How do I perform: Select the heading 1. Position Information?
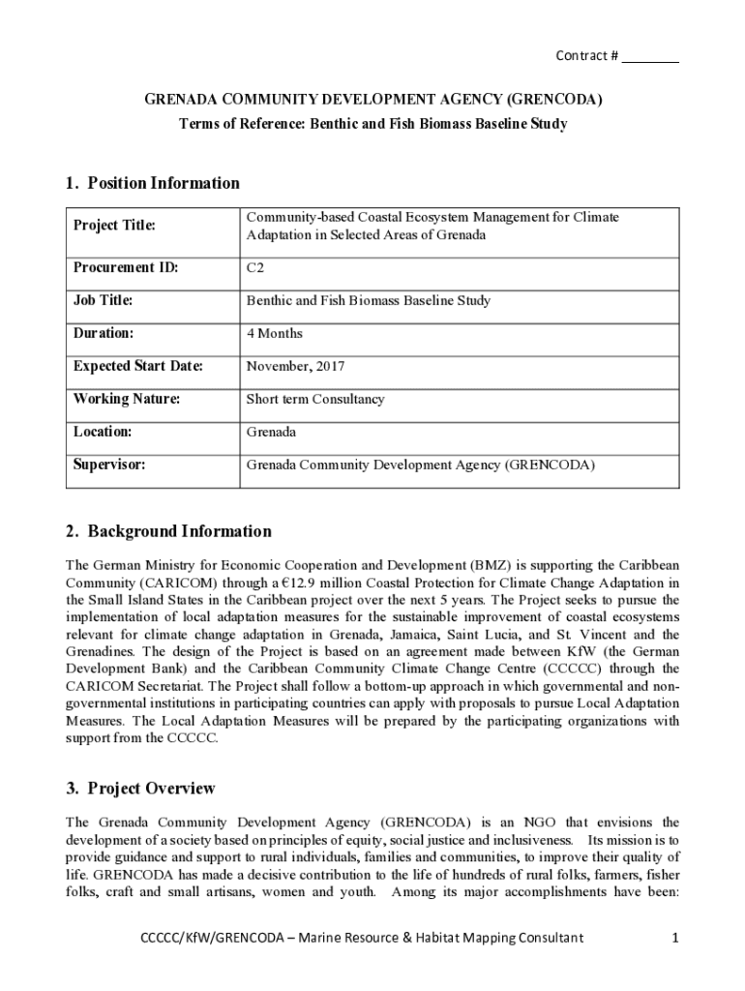point(153,183)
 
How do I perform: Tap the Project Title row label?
point(114,226)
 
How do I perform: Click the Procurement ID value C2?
point(254,268)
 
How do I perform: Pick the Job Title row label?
point(103,301)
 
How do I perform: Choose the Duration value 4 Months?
point(275,334)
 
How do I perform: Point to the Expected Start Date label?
point(137,367)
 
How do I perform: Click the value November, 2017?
point(295,367)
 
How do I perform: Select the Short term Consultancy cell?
point(314,400)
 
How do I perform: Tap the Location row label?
point(103,433)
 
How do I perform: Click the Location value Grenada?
point(272,433)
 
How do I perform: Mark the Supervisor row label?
point(109,465)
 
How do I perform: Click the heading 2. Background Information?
point(168,531)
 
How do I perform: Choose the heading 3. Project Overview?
point(140,789)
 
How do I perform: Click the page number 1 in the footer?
point(674,938)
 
